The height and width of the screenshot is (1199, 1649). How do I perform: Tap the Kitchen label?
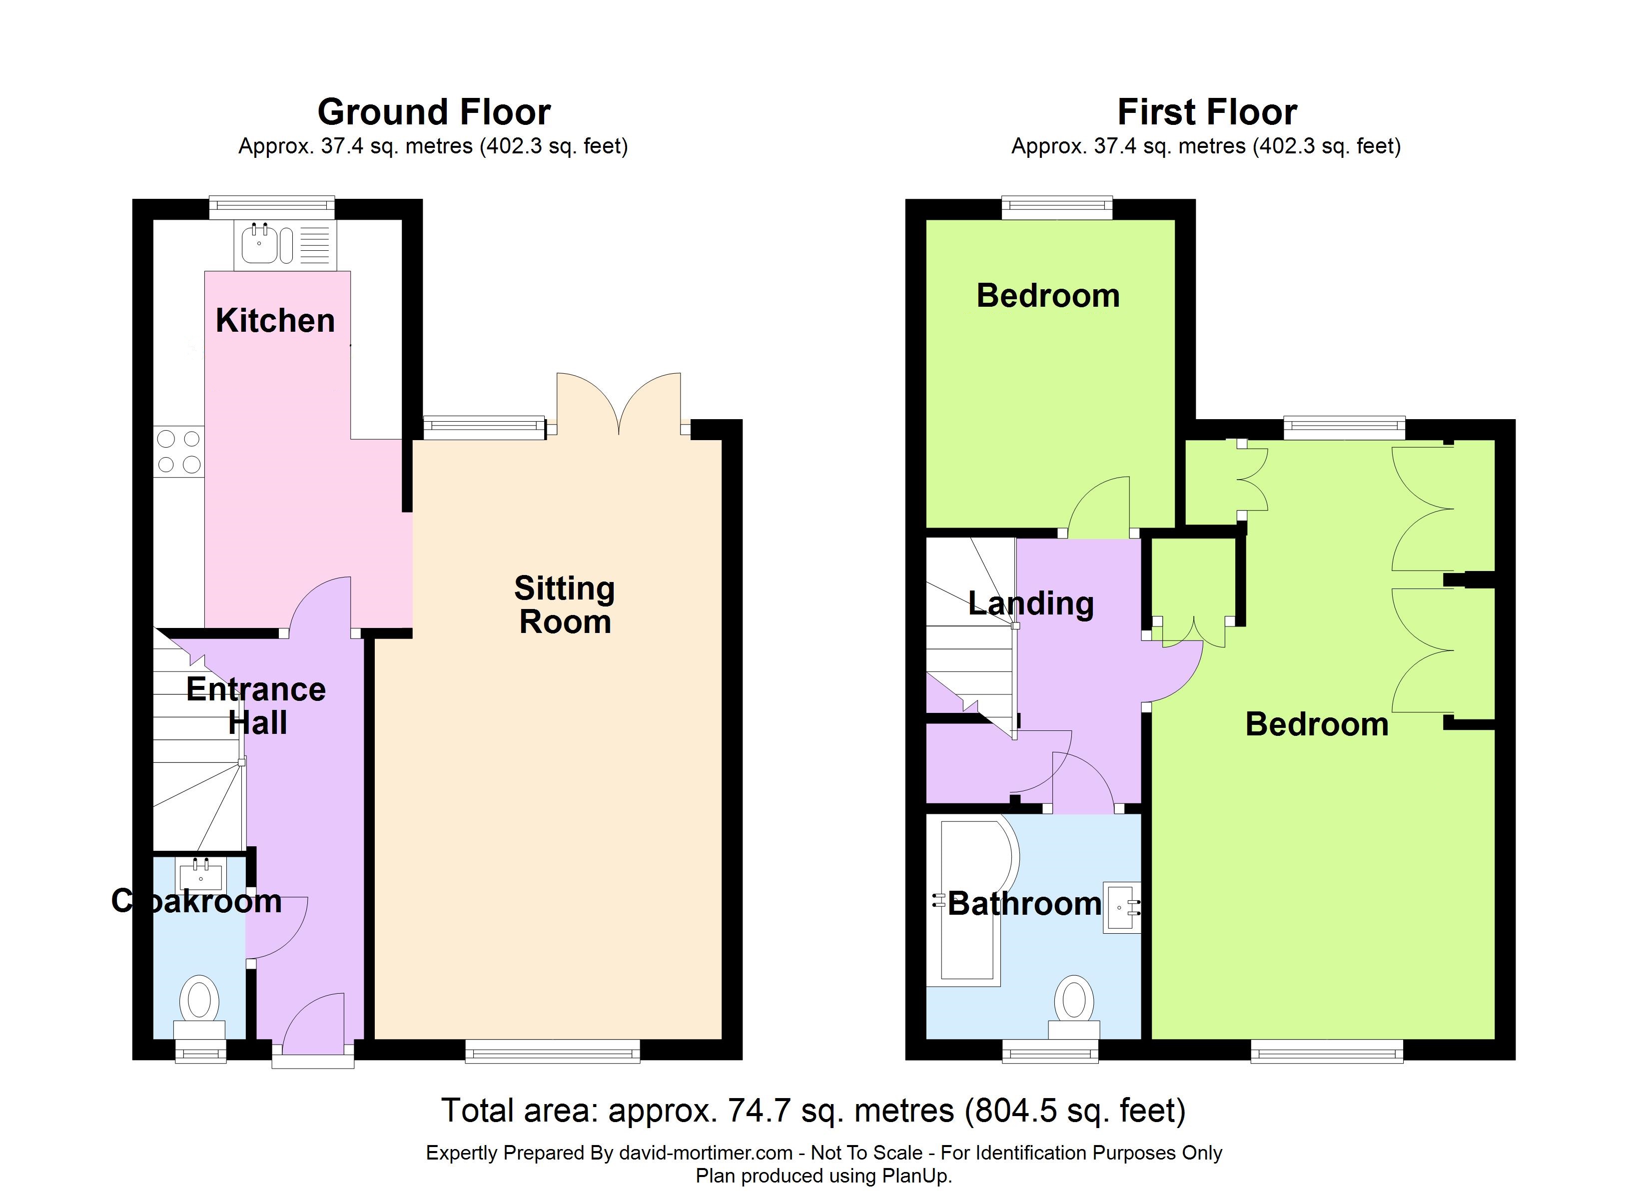click(x=275, y=321)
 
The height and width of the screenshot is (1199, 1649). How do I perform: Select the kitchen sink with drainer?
click(x=285, y=244)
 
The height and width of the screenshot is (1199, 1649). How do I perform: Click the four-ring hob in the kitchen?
click(x=179, y=452)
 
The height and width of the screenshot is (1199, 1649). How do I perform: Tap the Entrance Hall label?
click(x=256, y=705)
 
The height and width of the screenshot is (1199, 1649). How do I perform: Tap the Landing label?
click(x=1030, y=603)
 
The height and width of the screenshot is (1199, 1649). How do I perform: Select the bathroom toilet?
click(x=1074, y=1007)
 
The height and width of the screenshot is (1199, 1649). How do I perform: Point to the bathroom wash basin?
click(x=1120, y=907)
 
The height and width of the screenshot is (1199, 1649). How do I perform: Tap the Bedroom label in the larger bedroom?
click(x=1316, y=724)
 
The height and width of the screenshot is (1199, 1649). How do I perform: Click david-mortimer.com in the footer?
click(x=705, y=1153)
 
